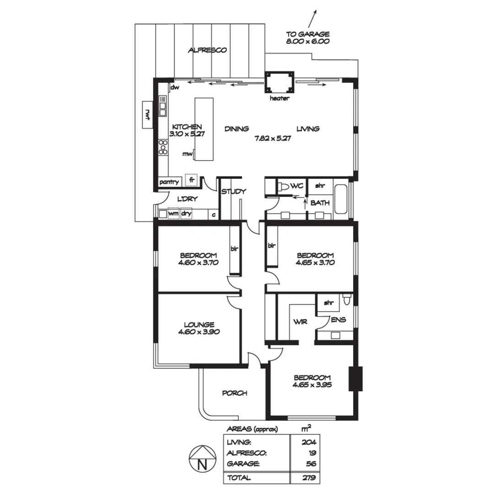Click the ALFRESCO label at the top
coord(207,50)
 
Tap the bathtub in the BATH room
coord(341,199)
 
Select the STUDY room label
coord(234,192)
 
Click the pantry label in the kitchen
coord(169,182)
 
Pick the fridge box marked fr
coord(191,180)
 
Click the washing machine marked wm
coord(173,214)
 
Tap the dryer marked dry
coord(186,214)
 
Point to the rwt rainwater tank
coord(148,115)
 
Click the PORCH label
coord(235,393)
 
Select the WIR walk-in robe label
coord(300,322)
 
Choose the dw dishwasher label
coord(174,87)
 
